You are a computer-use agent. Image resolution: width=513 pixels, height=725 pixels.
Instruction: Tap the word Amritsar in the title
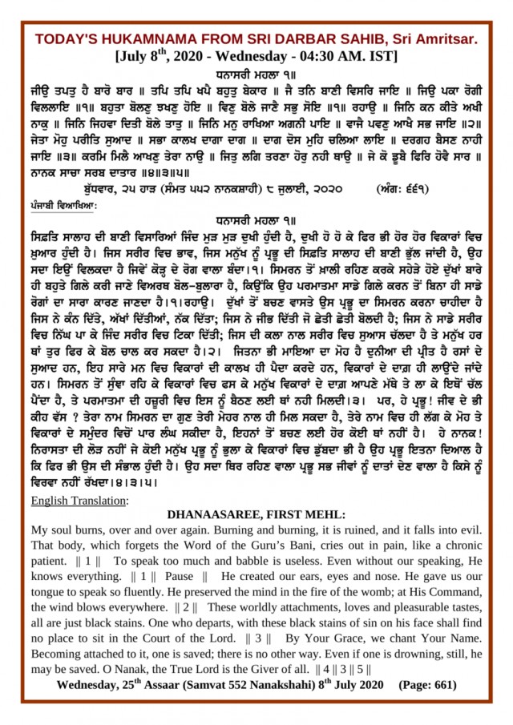pyautogui.click(x=445, y=39)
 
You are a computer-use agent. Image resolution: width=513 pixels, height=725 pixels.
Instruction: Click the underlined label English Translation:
pyautogui.click(x=76, y=501)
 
